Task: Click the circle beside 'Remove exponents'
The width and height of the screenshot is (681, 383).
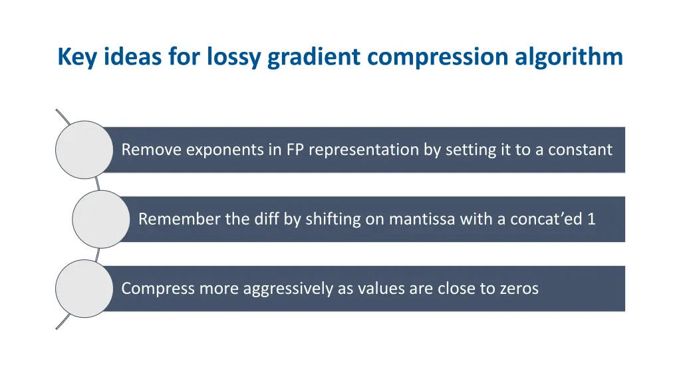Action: pos(84,150)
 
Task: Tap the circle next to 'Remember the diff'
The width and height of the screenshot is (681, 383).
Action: pos(100,219)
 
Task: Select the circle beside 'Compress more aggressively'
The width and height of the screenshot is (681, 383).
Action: pos(84,289)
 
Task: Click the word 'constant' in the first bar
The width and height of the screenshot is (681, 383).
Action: pos(580,150)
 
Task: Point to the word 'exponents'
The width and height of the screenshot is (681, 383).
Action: pos(224,150)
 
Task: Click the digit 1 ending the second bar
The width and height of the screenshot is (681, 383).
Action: pos(591,219)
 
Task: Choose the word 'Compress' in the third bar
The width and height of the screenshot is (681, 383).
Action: pos(154,289)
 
